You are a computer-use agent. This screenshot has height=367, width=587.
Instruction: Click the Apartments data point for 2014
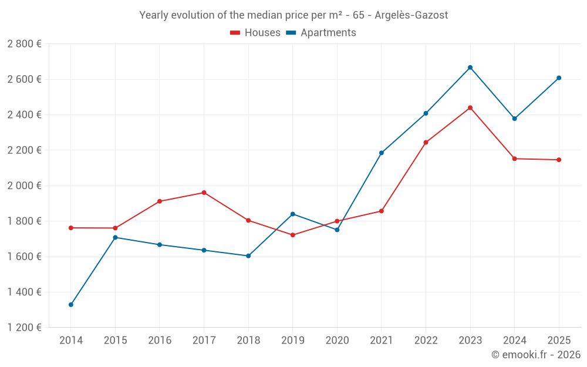click(x=71, y=305)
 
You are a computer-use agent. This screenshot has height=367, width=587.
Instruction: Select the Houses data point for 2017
click(x=204, y=193)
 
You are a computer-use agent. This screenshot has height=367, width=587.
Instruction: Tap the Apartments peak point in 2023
click(x=470, y=68)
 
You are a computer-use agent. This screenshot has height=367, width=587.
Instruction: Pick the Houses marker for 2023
click(x=470, y=107)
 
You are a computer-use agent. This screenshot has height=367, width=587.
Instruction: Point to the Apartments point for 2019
click(x=293, y=214)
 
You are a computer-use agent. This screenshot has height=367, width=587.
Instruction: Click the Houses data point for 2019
click(x=293, y=235)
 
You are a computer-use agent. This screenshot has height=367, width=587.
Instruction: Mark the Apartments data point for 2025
click(x=559, y=78)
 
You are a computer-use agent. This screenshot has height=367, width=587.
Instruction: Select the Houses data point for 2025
click(x=559, y=160)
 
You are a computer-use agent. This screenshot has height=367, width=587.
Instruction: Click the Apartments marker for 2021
click(x=382, y=153)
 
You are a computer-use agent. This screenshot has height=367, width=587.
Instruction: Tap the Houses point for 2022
click(x=426, y=142)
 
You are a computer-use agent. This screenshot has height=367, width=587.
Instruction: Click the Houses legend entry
click(x=255, y=33)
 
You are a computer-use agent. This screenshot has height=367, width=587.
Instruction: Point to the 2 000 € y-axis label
click(x=25, y=186)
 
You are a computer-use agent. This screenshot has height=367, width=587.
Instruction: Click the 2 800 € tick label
click(x=25, y=44)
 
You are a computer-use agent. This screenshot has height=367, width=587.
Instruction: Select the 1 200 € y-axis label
click(x=25, y=328)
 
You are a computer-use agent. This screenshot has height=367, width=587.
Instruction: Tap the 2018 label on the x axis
click(x=248, y=340)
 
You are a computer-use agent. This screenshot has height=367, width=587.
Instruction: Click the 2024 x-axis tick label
click(x=514, y=340)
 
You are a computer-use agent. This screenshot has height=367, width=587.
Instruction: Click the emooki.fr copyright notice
click(x=535, y=355)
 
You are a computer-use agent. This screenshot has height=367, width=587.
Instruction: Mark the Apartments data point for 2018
click(x=248, y=256)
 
